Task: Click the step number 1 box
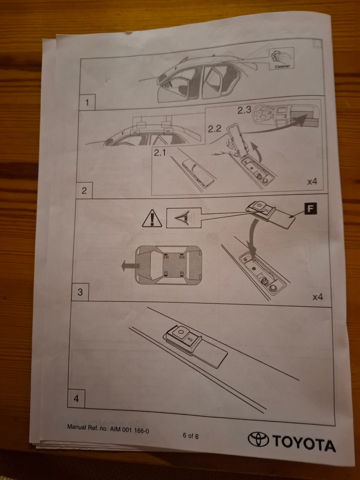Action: [x=87, y=102]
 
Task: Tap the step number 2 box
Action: [x=84, y=190]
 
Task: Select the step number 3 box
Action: [x=80, y=292]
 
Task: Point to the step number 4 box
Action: [x=76, y=399]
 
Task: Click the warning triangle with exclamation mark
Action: [x=152, y=218]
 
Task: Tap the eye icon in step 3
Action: [x=181, y=218]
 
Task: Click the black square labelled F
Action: [x=310, y=208]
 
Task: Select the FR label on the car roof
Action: [x=166, y=257]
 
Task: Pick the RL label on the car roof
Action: [x=182, y=273]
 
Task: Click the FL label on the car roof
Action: [x=166, y=273]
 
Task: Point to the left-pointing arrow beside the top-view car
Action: [x=130, y=266]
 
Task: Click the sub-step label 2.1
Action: [x=160, y=153]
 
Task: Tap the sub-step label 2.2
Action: [x=214, y=129]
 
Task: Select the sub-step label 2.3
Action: [x=244, y=110]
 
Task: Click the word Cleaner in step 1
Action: [x=282, y=66]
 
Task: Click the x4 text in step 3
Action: [x=318, y=297]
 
